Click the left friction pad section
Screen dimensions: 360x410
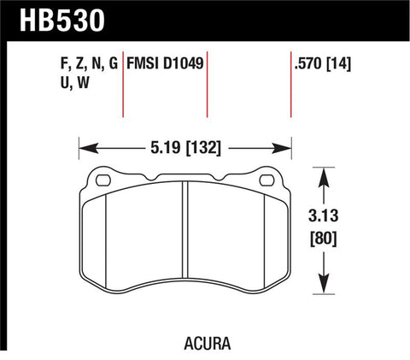coord(137,239)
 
